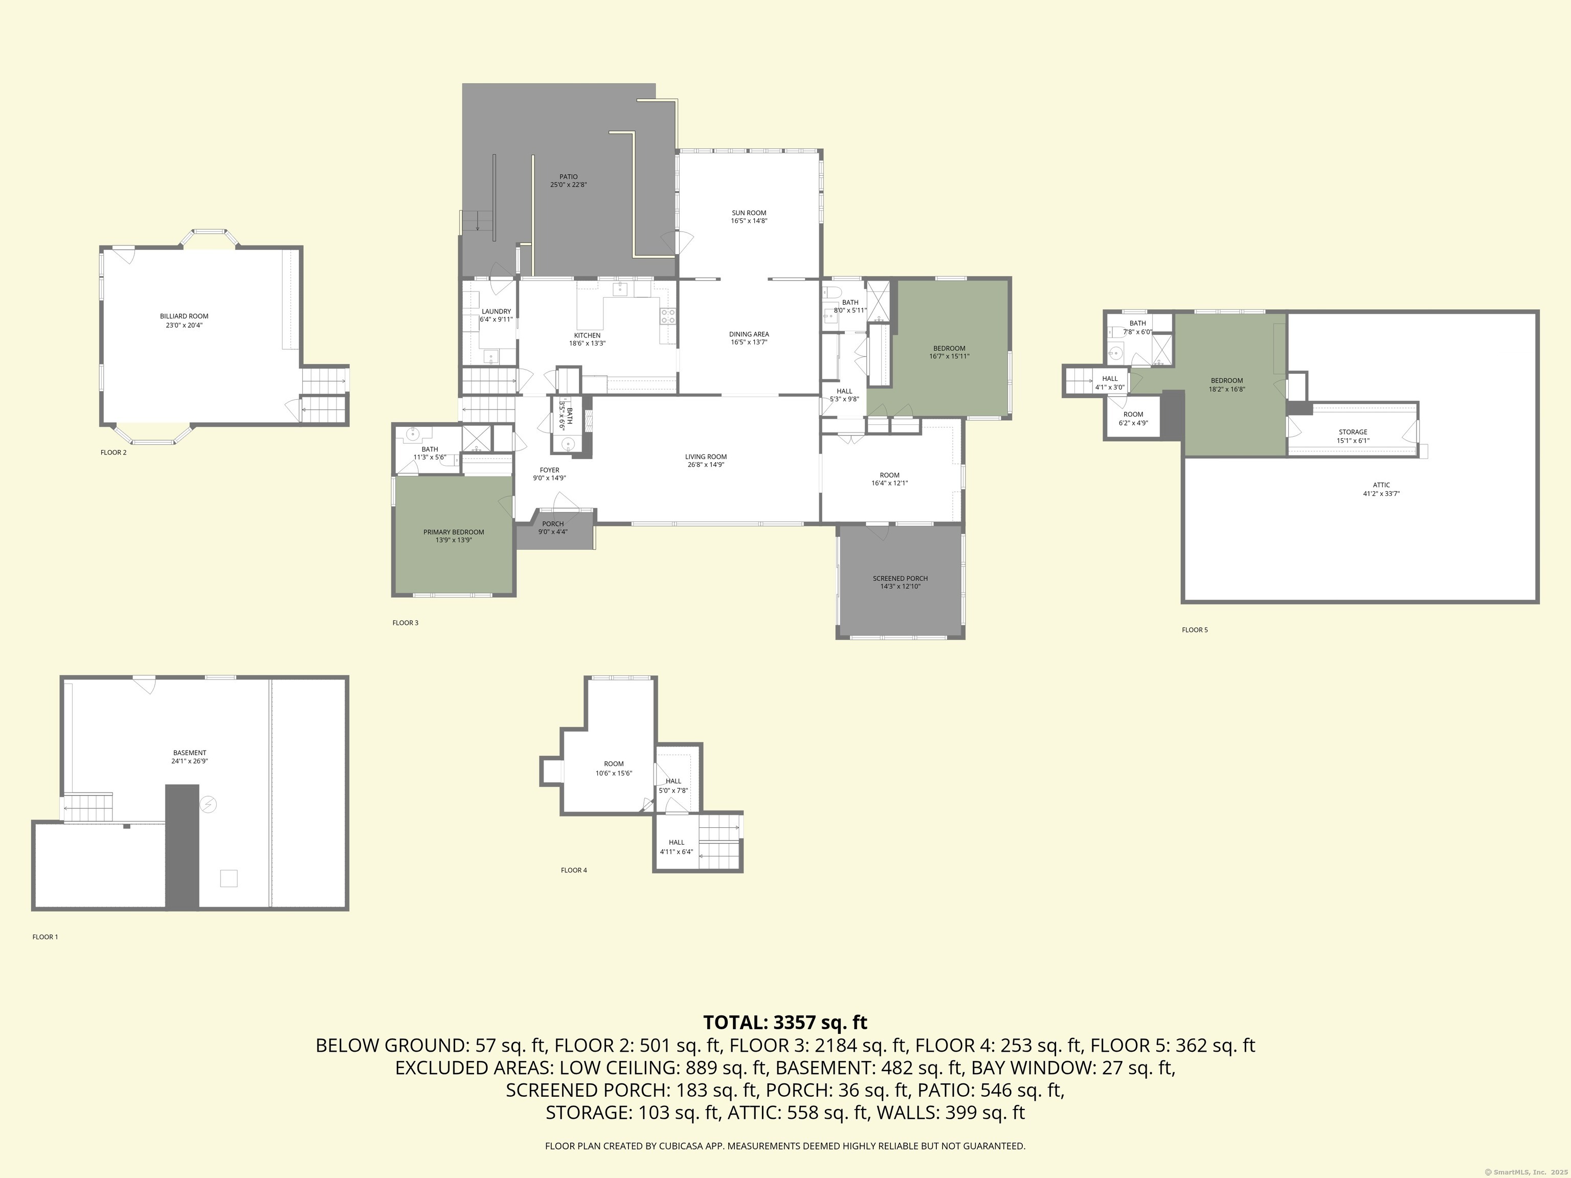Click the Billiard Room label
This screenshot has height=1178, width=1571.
(x=184, y=316)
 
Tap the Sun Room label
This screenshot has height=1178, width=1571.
(x=749, y=213)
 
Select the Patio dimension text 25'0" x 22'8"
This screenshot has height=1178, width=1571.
(x=568, y=185)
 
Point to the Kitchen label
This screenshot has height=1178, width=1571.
(x=588, y=335)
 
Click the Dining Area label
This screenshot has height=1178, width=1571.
(x=749, y=334)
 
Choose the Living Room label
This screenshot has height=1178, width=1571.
(x=706, y=457)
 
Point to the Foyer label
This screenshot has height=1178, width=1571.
(x=550, y=470)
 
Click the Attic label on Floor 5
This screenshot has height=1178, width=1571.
(x=1381, y=486)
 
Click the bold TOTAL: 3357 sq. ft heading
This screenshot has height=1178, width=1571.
(x=785, y=1023)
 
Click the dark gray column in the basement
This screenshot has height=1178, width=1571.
(x=182, y=846)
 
